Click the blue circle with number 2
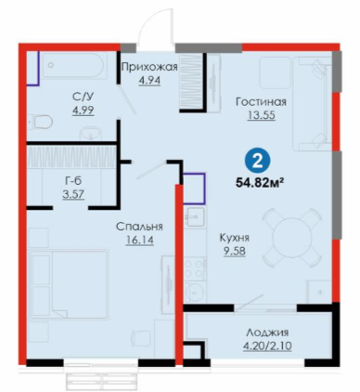coord(257,162)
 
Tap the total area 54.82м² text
coord(260,183)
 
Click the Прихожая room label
coord(149,67)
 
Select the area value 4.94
coord(149,80)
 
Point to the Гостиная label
coord(261,101)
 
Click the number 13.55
coord(261,115)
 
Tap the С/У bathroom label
coord(83,97)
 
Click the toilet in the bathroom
coord(40,122)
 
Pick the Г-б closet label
coord(73,180)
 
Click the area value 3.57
coord(73,194)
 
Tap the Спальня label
coord(139,227)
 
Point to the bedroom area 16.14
coord(139,240)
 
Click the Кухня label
coord(235,238)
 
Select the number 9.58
coord(235,251)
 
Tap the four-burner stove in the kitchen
coord(195,268)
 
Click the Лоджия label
coord(267,333)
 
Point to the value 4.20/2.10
coord(267,346)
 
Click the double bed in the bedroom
coord(69,284)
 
